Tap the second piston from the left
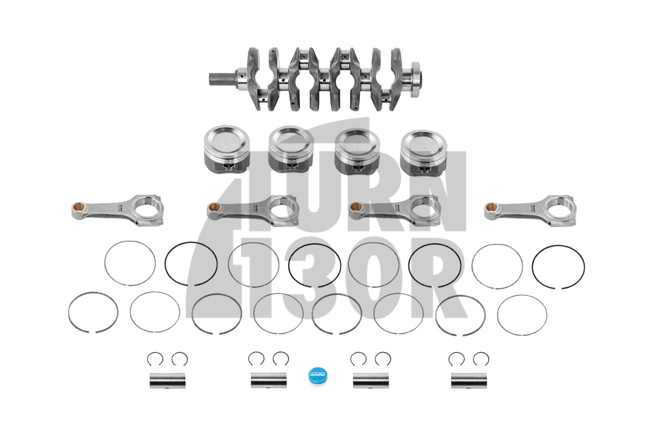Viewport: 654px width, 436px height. point(292,150)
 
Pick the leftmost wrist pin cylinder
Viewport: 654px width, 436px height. point(167,380)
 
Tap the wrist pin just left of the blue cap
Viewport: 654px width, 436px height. point(269,380)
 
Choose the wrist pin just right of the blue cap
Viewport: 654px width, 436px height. point(371,380)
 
